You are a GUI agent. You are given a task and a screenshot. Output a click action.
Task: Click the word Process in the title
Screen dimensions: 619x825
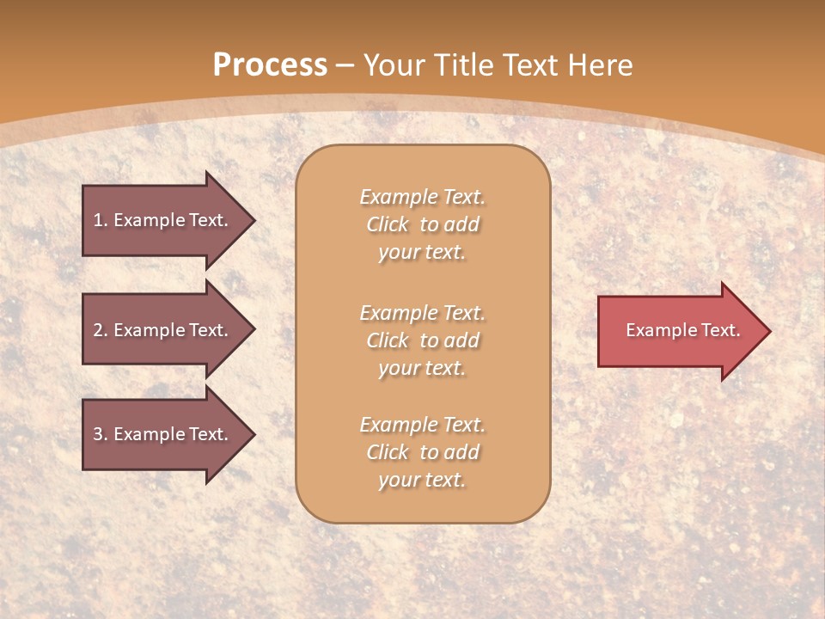pos(270,65)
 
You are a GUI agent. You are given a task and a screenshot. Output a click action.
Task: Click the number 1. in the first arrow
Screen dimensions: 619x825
pos(101,220)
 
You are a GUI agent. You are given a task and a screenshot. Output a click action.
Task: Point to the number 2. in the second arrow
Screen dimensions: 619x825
pos(101,330)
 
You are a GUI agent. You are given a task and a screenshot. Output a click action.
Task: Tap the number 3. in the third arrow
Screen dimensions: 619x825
pos(101,434)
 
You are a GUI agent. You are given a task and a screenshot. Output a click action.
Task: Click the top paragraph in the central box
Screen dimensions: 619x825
pos(422,224)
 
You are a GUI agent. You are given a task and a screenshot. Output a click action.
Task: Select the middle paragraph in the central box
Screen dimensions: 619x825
pos(422,340)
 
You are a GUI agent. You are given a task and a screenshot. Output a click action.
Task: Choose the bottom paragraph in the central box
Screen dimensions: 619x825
pos(422,452)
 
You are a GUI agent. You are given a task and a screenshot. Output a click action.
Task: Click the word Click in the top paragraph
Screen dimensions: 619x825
pos(388,224)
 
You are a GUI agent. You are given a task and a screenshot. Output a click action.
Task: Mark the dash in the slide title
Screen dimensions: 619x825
pos(345,65)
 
